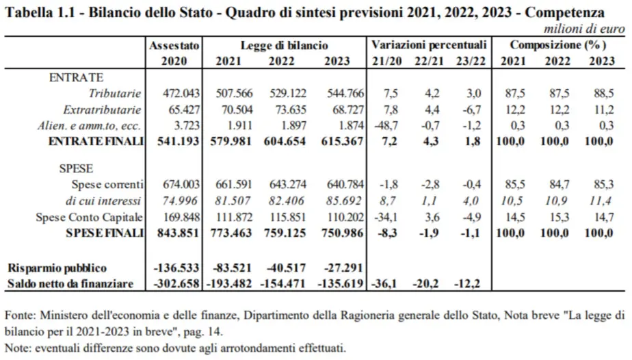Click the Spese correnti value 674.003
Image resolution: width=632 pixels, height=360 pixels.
(x=180, y=184)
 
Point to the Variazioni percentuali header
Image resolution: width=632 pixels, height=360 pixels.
(x=429, y=45)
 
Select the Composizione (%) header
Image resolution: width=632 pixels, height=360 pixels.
(x=558, y=45)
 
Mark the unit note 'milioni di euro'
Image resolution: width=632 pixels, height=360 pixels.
(x=584, y=29)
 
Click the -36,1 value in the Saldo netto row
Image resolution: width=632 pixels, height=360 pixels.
(x=384, y=283)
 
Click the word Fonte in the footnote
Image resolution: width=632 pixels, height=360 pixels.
(x=20, y=316)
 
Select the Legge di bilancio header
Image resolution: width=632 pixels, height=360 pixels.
(x=284, y=45)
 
